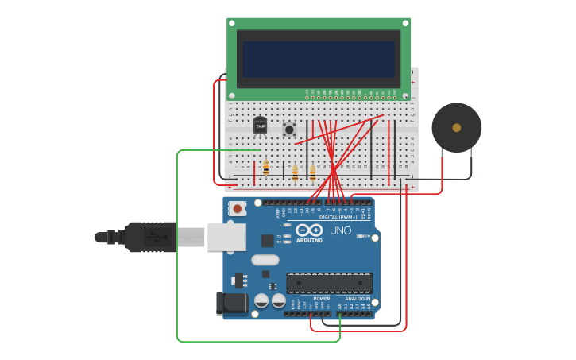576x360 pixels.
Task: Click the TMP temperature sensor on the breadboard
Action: coord(260,126)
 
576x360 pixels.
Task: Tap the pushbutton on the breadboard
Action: coord(289,129)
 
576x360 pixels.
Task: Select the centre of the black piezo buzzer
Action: coord(456,127)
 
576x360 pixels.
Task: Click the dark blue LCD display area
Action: coord(319,60)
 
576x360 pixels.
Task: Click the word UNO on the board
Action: coord(340,230)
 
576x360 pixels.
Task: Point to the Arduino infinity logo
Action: coord(309,230)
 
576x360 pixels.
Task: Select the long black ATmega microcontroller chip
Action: coord(329,282)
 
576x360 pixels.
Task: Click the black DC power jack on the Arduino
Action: coord(230,302)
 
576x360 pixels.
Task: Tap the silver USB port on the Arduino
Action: coord(226,237)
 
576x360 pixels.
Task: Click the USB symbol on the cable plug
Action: coord(159,237)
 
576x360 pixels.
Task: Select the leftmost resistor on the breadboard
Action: coord(265,168)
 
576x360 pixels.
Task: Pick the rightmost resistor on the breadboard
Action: coord(312,172)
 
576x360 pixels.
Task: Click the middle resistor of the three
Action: coord(295,172)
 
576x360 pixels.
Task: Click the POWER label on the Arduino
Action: coord(321,299)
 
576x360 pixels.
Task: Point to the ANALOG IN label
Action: coord(357,299)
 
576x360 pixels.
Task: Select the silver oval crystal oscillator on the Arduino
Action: coord(265,260)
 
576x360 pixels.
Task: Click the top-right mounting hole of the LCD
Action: coord(405,23)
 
